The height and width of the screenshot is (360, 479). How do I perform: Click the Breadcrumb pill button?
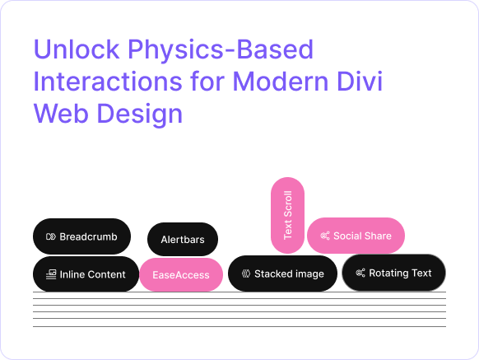pyautogui.click(x=81, y=236)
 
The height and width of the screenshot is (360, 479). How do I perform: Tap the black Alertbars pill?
pyautogui.click(x=182, y=240)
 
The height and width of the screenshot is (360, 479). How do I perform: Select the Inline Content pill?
pyautogui.click(x=86, y=274)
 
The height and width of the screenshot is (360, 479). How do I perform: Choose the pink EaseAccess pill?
pyautogui.click(x=181, y=274)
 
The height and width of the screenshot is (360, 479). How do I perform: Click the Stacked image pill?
pyautogui.click(x=282, y=274)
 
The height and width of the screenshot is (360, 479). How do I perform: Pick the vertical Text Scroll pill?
pyautogui.click(x=287, y=216)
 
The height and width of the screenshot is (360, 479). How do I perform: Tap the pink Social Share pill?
pyautogui.click(x=356, y=236)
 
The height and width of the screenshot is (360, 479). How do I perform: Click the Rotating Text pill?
pyautogui.click(x=393, y=273)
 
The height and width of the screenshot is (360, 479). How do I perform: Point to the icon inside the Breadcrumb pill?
pyautogui.click(x=50, y=236)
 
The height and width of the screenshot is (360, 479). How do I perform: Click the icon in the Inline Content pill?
pyautogui.click(x=51, y=274)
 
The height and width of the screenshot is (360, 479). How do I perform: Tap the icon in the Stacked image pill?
pyautogui.click(x=245, y=274)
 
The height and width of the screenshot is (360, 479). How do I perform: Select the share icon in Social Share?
pyautogui.click(x=325, y=236)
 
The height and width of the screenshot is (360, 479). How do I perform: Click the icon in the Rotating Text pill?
pyautogui.click(x=360, y=273)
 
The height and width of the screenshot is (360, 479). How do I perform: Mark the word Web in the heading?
pyautogui.click(x=59, y=114)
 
